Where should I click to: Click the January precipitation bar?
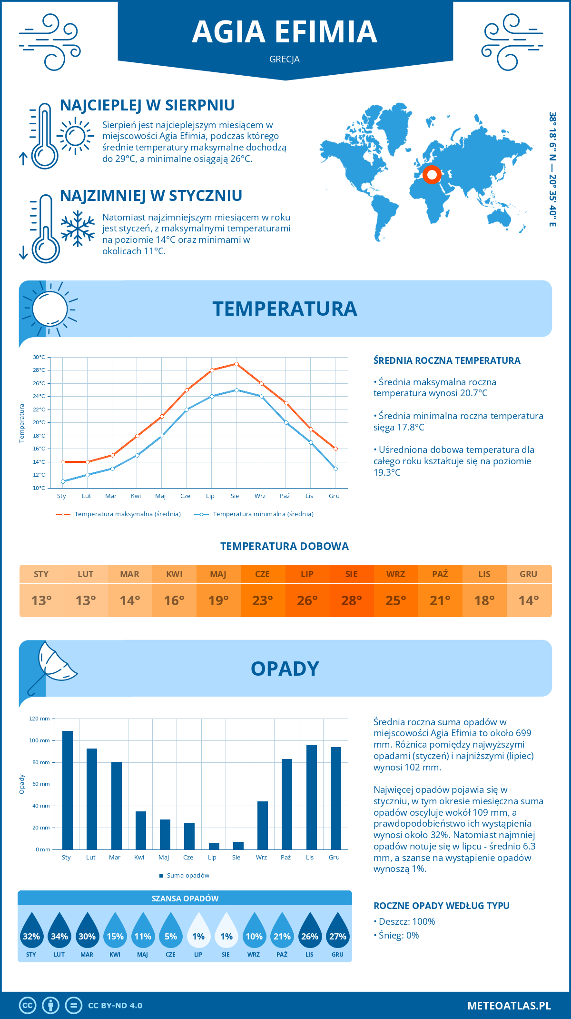pyautogui.click(x=68, y=790)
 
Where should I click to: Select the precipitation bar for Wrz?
pyautogui.click(x=263, y=826)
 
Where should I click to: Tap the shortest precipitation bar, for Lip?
pyautogui.click(x=214, y=846)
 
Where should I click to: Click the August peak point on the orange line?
pyautogui.click(x=236, y=364)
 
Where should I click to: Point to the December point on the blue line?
pyautogui.click(x=335, y=469)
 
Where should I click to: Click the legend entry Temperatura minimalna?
pyautogui.click(x=263, y=514)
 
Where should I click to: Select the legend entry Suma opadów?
pyautogui.click(x=187, y=876)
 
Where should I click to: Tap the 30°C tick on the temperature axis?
pyautogui.click(x=39, y=357)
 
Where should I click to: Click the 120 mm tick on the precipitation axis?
pyautogui.click(x=39, y=719)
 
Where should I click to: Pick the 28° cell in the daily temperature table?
pyautogui.click(x=351, y=601)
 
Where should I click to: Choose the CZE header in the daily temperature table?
pyautogui.click(x=263, y=574)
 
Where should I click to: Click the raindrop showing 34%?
pyautogui.click(x=59, y=930)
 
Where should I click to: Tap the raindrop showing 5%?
pyautogui.click(x=170, y=930)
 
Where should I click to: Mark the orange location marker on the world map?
pyautogui.click(x=432, y=175)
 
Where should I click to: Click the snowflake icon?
pyautogui.click(x=78, y=229)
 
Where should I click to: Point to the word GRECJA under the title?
pyautogui.click(x=285, y=60)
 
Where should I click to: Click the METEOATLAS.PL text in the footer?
pyautogui.click(x=509, y=1006)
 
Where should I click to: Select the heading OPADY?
pyautogui.click(x=285, y=669)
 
